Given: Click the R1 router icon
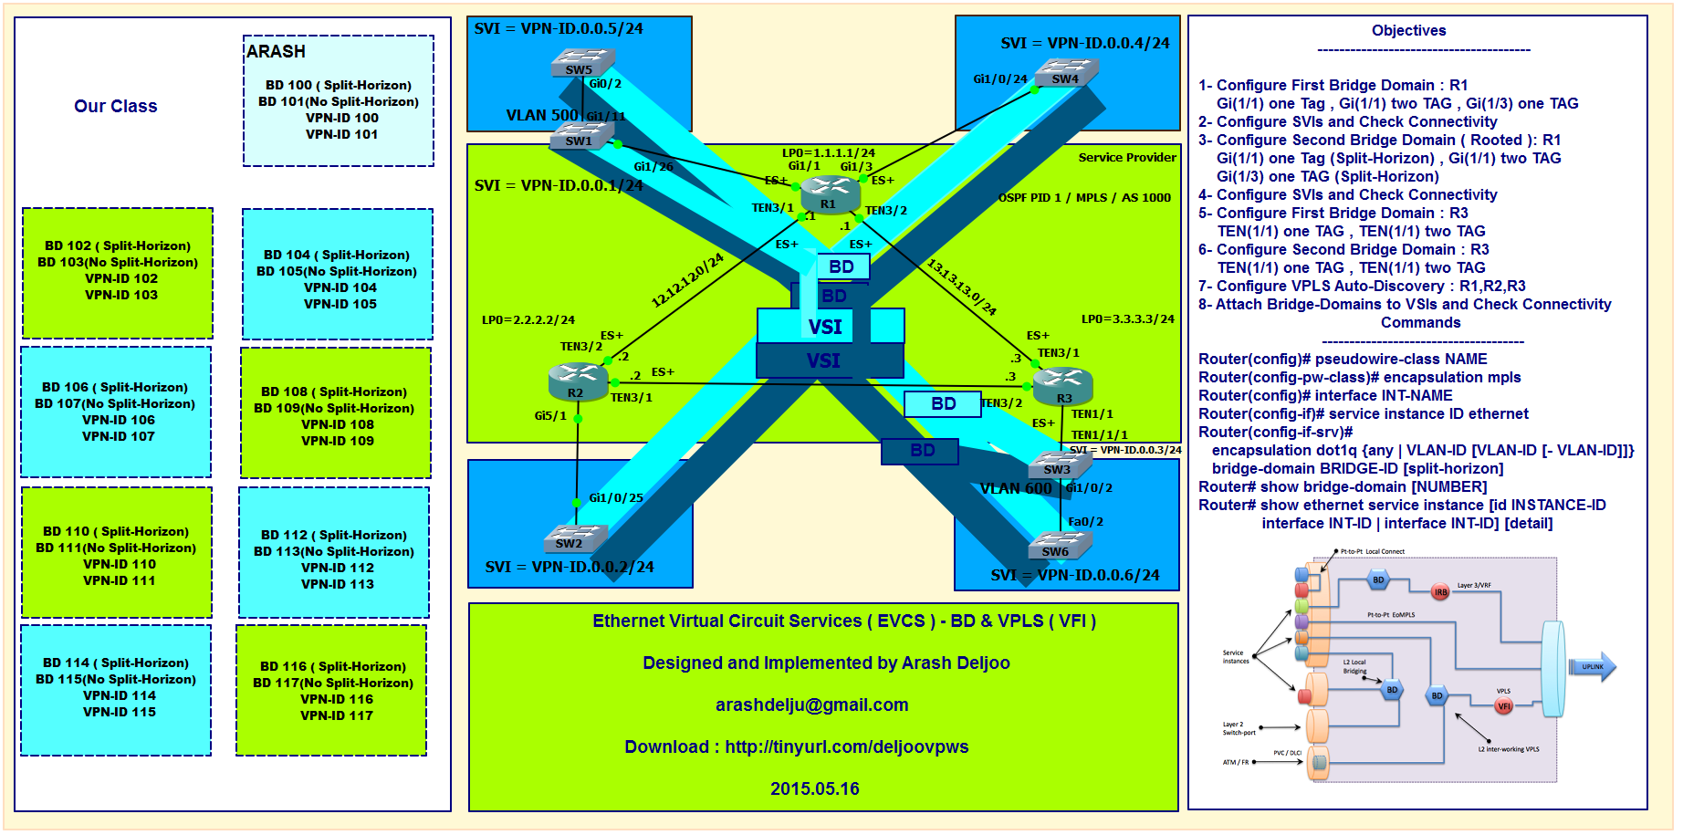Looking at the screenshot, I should [830, 193].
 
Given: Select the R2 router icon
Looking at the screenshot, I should [578, 381].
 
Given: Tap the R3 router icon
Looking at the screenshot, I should [1062, 385].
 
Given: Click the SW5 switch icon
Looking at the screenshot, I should [582, 63].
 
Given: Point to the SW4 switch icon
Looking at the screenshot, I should [1066, 72].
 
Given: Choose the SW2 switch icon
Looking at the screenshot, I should [574, 538].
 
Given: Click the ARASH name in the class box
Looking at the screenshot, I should [276, 52].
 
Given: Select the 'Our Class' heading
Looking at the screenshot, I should [116, 107].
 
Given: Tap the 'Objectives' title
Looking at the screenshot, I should [1408, 31].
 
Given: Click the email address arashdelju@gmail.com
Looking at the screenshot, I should [811, 705].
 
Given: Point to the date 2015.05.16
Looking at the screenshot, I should [814, 789].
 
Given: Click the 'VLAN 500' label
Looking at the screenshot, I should [542, 116].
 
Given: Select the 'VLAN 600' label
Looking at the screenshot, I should [1016, 489].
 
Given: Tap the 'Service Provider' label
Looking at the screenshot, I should [1127, 158].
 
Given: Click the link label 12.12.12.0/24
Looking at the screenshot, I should [687, 280].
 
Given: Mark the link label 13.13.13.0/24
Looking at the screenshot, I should [962, 287].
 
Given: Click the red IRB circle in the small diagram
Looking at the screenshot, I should [1440, 592].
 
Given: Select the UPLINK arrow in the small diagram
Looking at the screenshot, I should [1592, 667].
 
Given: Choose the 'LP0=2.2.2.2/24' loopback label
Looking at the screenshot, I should [528, 320].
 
